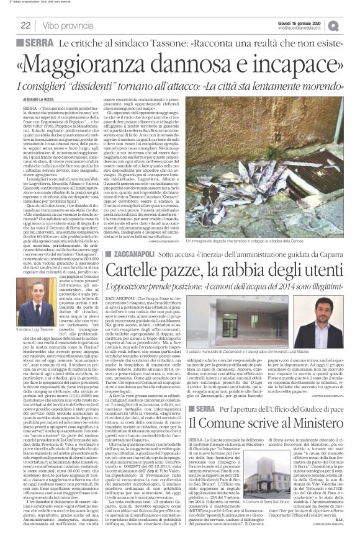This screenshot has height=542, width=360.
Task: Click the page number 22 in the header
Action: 25,25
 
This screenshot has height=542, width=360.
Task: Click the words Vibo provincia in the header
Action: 68,25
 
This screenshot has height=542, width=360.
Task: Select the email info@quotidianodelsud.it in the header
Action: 308,28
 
